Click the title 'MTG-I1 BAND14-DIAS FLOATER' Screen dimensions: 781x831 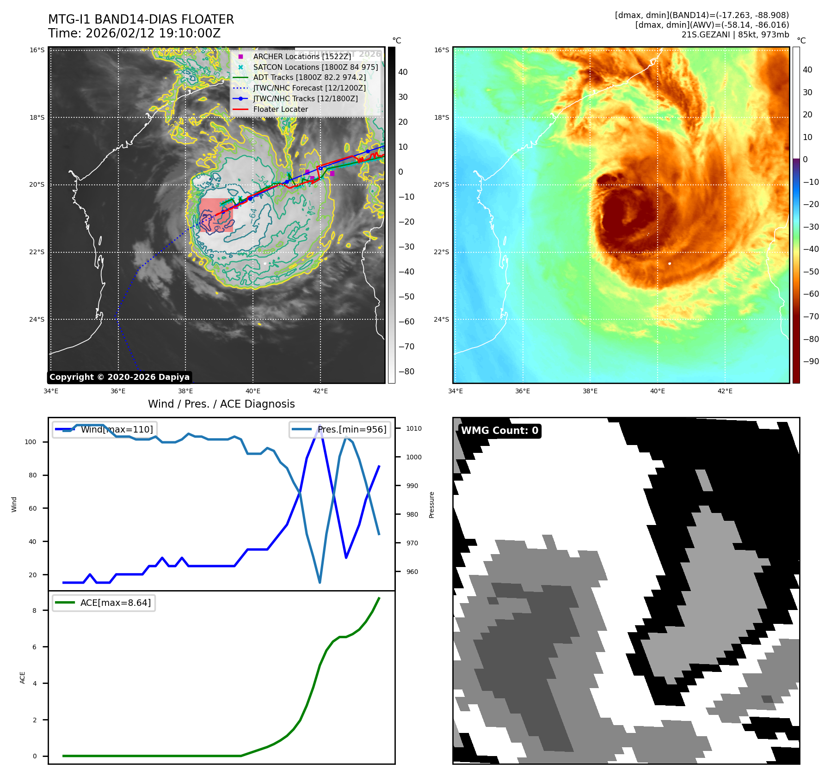(x=141, y=19)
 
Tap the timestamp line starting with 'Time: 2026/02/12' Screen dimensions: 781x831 (x=134, y=33)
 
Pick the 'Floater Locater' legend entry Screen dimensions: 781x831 (x=280, y=109)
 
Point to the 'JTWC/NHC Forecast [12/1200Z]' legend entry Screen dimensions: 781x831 (x=309, y=88)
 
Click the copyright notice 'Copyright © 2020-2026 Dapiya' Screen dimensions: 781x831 (x=119, y=377)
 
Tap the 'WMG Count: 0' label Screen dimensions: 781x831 (x=499, y=431)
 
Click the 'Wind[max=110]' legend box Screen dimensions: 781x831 (x=105, y=429)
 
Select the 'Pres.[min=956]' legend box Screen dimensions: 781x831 (x=340, y=429)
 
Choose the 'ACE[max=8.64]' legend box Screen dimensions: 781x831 (x=104, y=603)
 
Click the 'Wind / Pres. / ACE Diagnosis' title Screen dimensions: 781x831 (x=221, y=404)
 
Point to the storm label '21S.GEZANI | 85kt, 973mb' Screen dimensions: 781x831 (x=735, y=35)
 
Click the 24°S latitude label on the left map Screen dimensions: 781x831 (x=37, y=319)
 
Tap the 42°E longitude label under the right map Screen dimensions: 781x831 (x=725, y=391)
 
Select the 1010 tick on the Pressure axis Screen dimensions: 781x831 (x=414, y=428)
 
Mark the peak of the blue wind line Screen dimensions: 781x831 (x=320, y=426)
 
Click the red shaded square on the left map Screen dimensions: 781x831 (x=216, y=215)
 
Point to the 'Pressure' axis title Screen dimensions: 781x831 (x=431, y=505)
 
